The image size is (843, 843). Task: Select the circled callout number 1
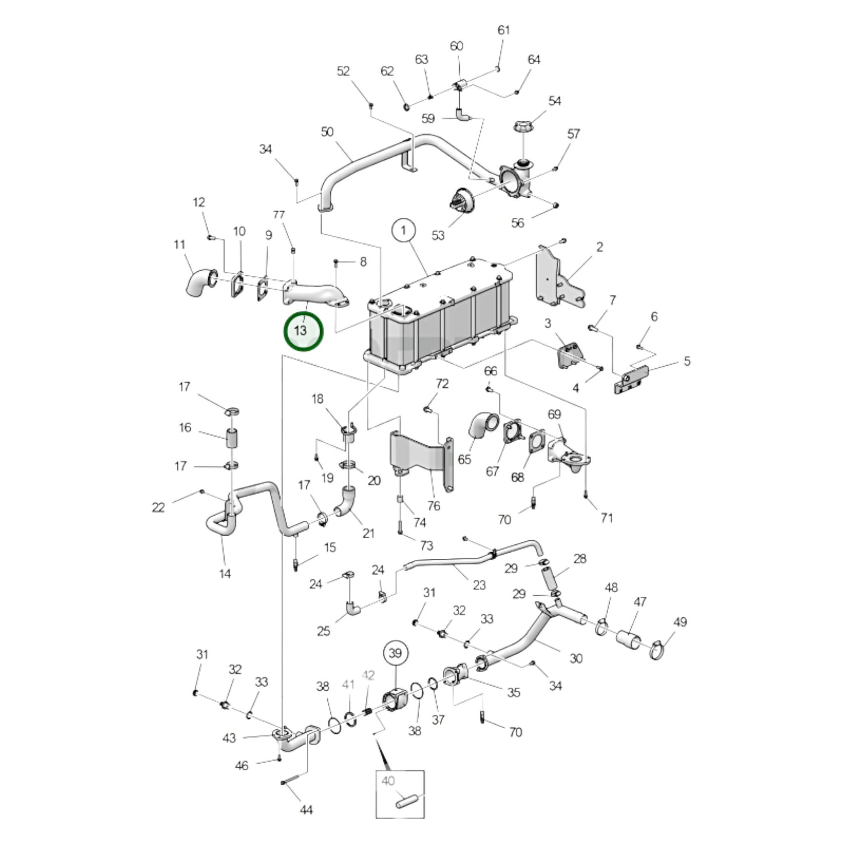(404, 230)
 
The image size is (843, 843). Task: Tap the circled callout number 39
(396, 653)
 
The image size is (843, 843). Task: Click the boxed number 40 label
(388, 781)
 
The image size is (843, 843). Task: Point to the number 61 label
(503, 30)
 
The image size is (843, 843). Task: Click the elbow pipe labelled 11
(197, 284)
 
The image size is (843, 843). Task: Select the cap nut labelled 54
(523, 127)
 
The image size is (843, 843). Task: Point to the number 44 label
(306, 810)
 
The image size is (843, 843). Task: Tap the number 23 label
(479, 585)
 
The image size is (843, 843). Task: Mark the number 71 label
(607, 517)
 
